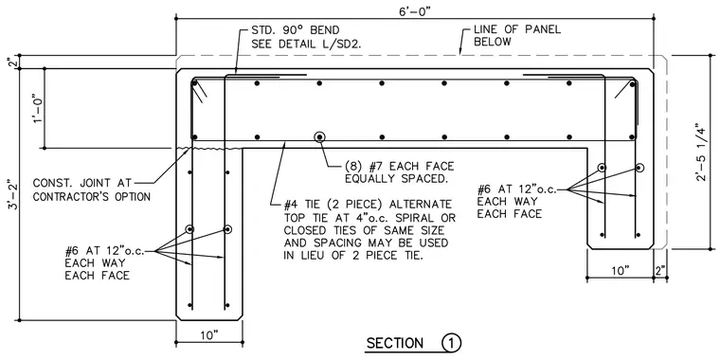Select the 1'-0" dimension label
(x=38, y=108)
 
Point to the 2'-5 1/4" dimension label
(x=699, y=152)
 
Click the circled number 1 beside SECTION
(x=451, y=343)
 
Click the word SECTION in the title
(x=395, y=343)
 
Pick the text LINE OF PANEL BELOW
(x=517, y=36)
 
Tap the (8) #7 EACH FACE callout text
(x=400, y=166)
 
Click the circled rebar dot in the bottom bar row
(x=319, y=136)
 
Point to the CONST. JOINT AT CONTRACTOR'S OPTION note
(x=91, y=189)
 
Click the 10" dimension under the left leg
(x=209, y=335)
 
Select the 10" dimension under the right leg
(x=620, y=270)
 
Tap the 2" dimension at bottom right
(x=660, y=270)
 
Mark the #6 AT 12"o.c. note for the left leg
(x=105, y=251)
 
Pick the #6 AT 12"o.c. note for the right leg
(x=517, y=189)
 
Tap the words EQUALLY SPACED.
(x=397, y=179)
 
